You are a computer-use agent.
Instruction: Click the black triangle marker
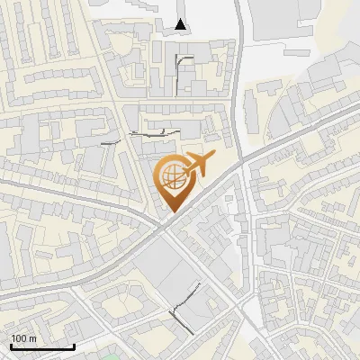[x=182, y=24]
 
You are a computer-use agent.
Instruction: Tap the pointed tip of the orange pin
[x=171, y=212]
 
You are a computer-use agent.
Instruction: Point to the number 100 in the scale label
[x=19, y=337]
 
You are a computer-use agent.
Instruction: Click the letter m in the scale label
[x=31, y=337]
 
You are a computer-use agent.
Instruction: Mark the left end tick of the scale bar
[x=11, y=345]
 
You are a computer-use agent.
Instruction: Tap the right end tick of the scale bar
[x=74, y=345]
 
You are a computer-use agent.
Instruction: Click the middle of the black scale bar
[x=42, y=346]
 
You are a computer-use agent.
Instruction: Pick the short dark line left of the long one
[x=111, y=142]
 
